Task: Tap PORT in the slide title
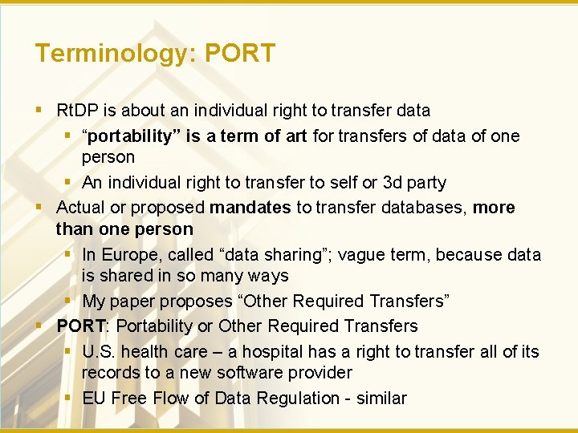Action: (x=240, y=53)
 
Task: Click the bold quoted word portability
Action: (x=132, y=136)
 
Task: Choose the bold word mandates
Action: (x=250, y=208)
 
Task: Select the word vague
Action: (x=361, y=255)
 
